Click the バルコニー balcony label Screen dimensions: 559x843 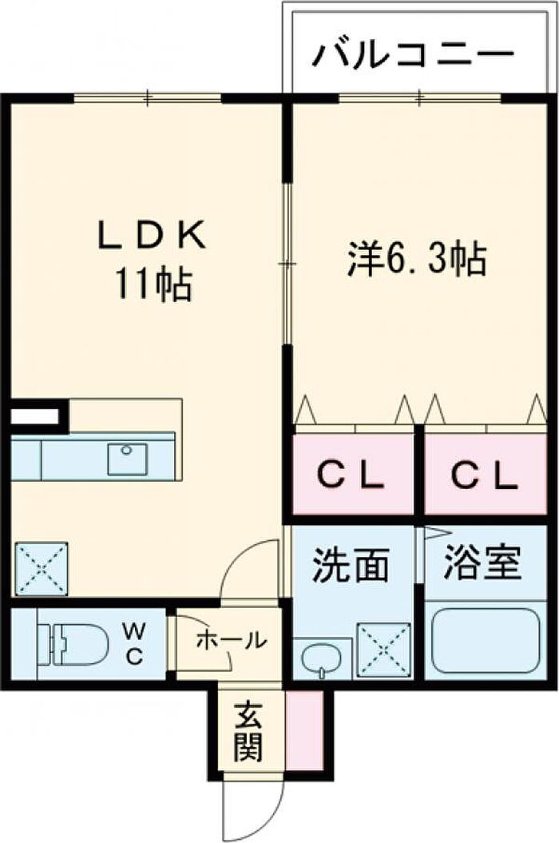coord(414,55)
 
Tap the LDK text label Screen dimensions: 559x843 coord(152,237)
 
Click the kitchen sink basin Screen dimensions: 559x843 coord(128,459)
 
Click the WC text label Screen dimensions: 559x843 coord(134,643)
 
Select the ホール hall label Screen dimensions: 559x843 coord(231,640)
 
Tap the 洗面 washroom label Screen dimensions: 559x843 coord(351,566)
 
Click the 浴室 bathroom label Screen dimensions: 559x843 coord(482,563)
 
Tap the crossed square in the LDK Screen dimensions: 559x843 coord(42,569)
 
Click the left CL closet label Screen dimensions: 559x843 coord(351,475)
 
